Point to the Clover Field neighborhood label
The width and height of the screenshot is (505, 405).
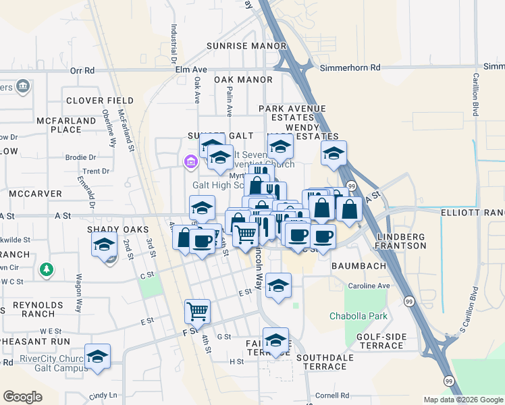click(x=100, y=101)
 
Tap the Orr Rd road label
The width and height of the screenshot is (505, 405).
click(x=82, y=70)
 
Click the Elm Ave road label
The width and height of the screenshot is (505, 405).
click(x=191, y=70)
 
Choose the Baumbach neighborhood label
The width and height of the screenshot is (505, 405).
click(x=358, y=266)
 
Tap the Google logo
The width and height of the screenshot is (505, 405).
click(x=22, y=397)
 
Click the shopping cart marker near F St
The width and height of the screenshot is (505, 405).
click(x=198, y=311)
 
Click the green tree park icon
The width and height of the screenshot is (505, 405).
click(x=46, y=269)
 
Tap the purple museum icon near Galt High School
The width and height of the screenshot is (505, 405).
click(x=190, y=162)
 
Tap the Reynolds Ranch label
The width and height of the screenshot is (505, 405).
click(x=28, y=309)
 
